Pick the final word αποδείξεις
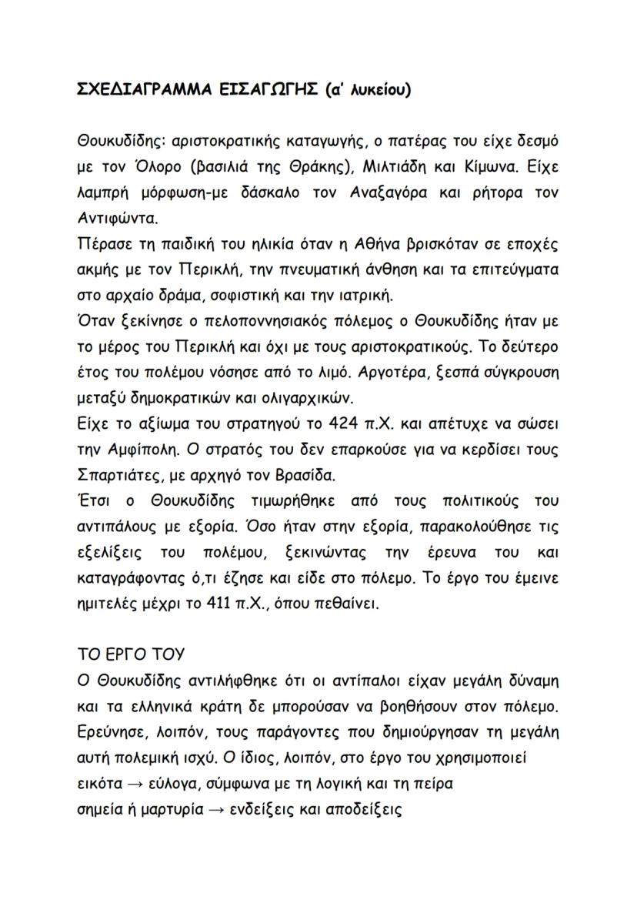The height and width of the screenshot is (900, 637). (367, 809)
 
